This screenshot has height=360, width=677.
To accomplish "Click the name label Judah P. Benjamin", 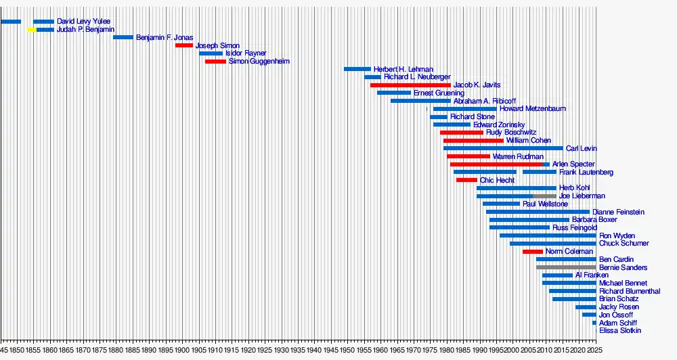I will (x=85, y=30).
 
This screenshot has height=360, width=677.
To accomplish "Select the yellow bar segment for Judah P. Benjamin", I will (x=32, y=30).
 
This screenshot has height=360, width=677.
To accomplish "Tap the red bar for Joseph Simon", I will (x=184, y=45).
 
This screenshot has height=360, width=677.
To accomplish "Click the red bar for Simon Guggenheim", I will (x=215, y=62).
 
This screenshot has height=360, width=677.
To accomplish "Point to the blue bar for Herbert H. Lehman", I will (x=357, y=69).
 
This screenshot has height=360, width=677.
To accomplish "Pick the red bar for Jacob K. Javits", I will (x=410, y=85).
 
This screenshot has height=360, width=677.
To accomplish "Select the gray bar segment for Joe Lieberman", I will (x=544, y=196).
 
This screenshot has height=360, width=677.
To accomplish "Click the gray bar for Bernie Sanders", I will (x=566, y=267).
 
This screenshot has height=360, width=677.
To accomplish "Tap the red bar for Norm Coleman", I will (x=533, y=252).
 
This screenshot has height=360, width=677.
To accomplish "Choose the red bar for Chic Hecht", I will (x=466, y=180).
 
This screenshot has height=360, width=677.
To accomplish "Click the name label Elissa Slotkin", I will (x=620, y=331).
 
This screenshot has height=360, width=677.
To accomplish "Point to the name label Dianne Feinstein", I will (x=618, y=212).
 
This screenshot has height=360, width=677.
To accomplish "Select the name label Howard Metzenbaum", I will (x=533, y=109).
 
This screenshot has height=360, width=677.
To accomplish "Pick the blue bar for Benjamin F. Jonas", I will (x=123, y=37).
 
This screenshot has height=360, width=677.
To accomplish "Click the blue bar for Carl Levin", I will (x=503, y=148).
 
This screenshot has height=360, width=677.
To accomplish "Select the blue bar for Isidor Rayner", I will (x=211, y=53).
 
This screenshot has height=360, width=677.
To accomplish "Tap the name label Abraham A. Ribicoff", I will (x=484, y=101).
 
